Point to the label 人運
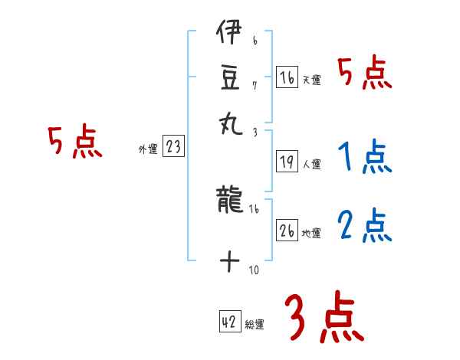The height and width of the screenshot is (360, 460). (x=312, y=164)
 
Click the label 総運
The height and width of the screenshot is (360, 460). (x=255, y=325)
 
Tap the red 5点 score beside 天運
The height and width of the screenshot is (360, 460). (x=365, y=74)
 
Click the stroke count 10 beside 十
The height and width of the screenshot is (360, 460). (x=255, y=270)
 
